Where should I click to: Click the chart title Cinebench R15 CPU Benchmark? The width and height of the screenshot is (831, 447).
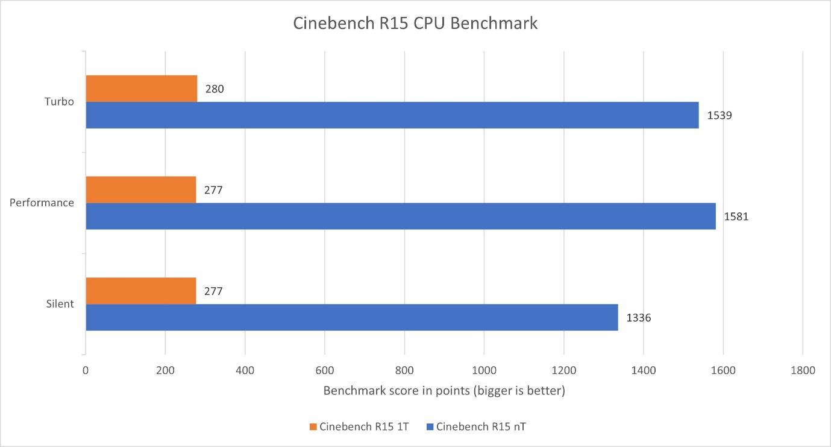(x=415, y=24)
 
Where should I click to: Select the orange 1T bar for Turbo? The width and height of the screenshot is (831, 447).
(x=141, y=89)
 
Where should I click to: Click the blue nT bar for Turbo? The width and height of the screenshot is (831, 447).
(x=392, y=115)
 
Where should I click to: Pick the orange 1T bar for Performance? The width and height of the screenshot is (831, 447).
(x=140, y=189)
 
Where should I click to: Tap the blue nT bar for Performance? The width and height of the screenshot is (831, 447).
(x=400, y=216)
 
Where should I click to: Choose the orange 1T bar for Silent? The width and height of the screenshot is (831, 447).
(x=140, y=291)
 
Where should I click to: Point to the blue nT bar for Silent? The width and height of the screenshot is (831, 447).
(x=351, y=317)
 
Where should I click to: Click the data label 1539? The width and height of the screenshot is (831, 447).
(x=719, y=115)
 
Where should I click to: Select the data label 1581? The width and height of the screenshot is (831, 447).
(x=736, y=216)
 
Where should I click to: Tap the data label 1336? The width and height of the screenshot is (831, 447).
(x=638, y=317)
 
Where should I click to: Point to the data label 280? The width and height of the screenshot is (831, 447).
(x=214, y=89)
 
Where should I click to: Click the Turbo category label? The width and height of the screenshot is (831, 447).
(x=59, y=101)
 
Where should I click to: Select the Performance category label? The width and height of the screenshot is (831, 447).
(x=42, y=203)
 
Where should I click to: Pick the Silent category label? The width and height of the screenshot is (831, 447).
(x=60, y=304)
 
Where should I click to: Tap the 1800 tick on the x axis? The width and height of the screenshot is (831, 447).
(x=803, y=370)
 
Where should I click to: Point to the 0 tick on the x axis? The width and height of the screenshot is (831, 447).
(x=86, y=370)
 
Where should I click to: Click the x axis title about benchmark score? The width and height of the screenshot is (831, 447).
(x=444, y=391)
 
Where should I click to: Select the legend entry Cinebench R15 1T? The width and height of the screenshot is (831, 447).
(x=359, y=427)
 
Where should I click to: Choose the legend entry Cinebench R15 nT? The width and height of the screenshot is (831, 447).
(x=480, y=427)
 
